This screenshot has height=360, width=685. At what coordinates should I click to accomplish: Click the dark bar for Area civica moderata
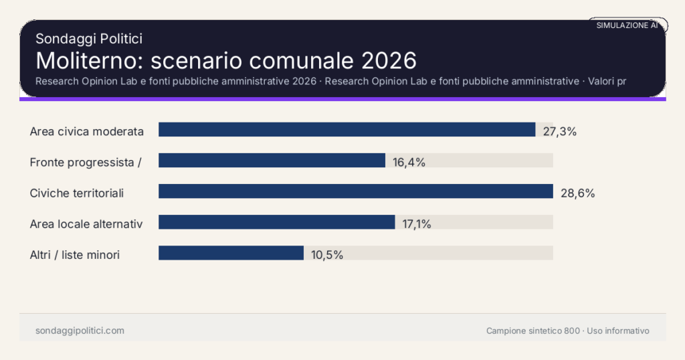pos(347,130)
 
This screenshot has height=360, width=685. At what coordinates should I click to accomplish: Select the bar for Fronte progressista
pos(272,161)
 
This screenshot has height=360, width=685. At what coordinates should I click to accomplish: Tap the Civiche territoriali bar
pos(355,191)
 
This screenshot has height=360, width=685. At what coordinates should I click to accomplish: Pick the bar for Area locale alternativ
pos(276,222)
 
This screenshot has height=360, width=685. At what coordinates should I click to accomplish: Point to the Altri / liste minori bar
pos(231,253)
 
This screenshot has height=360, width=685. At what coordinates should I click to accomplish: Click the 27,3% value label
pos(559,131)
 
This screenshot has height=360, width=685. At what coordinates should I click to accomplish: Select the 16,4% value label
pos(409,162)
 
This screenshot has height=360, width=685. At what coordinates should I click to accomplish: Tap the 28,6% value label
pos(577,193)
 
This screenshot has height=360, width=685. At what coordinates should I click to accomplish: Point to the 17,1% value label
pos(416,223)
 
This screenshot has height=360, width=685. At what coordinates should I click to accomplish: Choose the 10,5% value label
pos(326,254)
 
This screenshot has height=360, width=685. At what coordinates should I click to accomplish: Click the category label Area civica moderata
pos(87,131)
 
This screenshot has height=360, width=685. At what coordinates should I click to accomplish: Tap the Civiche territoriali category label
pos(77,193)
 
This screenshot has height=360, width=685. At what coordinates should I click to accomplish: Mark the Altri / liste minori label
pos(75,254)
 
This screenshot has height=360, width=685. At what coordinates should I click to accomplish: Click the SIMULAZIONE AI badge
pos(627,25)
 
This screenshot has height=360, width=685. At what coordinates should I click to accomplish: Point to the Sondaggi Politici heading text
pos(89,39)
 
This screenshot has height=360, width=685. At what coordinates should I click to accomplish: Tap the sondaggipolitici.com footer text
pos(80,331)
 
